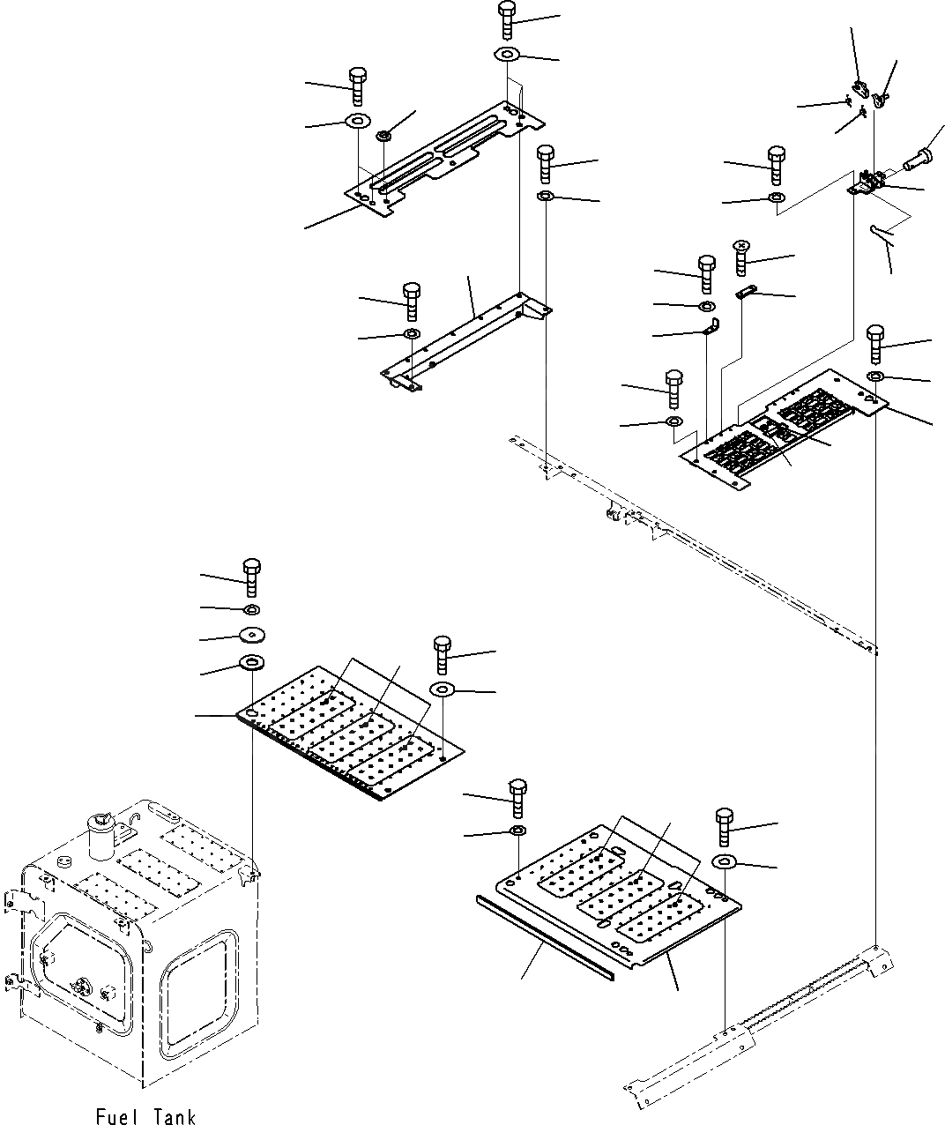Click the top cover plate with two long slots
pyautogui.click(x=445, y=159)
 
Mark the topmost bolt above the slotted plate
pyautogui.click(x=507, y=19)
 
